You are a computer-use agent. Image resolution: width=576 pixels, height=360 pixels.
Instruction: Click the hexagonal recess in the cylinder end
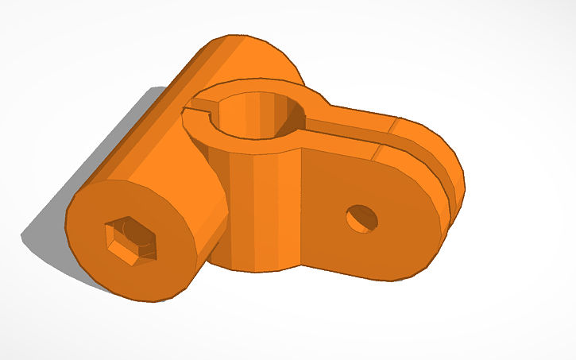(x=133, y=238)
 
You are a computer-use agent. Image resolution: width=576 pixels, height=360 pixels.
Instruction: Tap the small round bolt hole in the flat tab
(x=362, y=218)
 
